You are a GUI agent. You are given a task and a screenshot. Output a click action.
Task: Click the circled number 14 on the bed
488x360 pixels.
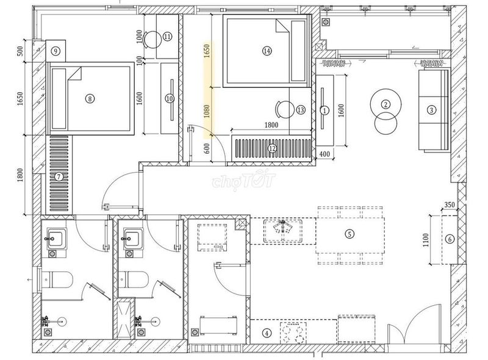[267, 51]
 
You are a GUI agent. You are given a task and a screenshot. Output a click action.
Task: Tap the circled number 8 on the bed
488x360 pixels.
[90, 99]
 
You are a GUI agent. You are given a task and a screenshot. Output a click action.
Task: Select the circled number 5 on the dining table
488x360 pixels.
[350, 234]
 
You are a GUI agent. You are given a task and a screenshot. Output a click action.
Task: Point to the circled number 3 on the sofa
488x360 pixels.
[431, 110]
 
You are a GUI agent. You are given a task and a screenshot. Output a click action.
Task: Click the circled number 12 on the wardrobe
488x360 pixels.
[272, 148]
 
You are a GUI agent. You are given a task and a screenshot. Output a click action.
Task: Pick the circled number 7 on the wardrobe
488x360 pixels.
[59, 177]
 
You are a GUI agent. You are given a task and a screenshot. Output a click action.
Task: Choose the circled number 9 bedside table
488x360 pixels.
[56, 51]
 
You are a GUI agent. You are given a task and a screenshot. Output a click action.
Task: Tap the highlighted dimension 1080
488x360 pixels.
[207, 111]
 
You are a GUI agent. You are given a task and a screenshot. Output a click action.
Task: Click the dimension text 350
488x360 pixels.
[449, 205]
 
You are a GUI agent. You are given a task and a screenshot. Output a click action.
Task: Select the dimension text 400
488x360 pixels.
[325, 154]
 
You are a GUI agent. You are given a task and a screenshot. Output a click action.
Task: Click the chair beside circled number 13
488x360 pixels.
[284, 110]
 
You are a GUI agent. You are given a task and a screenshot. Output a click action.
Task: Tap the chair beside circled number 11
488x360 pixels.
[151, 39]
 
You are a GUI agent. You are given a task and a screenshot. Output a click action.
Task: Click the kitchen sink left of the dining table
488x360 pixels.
[283, 231]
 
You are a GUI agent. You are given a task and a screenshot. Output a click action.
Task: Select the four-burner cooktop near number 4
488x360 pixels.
[293, 333]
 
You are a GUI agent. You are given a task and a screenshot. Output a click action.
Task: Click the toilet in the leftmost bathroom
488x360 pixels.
[57, 279]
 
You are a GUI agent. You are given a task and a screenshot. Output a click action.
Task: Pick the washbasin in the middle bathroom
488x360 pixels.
[133, 239]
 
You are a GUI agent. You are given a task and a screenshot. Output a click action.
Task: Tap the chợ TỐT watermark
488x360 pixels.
[243, 180]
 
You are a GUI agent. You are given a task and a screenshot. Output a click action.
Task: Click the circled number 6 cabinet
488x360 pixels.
[450, 239]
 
